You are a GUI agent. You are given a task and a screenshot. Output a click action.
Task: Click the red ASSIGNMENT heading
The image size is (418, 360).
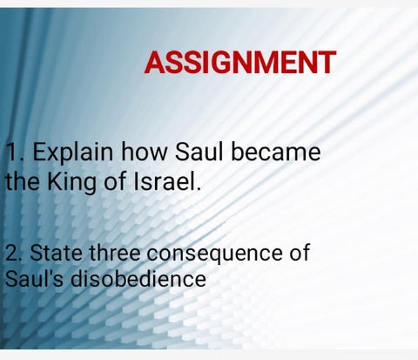tap(240, 62)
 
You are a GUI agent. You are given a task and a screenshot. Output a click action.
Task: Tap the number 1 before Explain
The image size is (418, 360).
tap(12, 152)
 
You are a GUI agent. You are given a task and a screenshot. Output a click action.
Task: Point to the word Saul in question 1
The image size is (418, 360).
tap(199, 152)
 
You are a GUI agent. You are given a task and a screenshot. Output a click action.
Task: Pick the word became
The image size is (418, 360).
tap(276, 152)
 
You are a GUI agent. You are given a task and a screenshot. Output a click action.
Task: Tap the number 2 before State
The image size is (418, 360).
tap(11, 252)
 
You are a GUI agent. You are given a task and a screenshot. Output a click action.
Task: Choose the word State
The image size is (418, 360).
tap(56, 252)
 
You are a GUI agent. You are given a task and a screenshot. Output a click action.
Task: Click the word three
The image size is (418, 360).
tap(115, 252)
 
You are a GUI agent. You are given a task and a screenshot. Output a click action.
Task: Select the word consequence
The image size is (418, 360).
tap(214, 254)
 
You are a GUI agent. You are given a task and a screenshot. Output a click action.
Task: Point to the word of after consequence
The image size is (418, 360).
tap(299, 252)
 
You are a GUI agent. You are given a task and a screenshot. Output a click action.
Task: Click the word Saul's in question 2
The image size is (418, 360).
tap(34, 278)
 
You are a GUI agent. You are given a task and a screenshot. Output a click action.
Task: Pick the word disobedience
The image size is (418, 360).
tap(138, 278)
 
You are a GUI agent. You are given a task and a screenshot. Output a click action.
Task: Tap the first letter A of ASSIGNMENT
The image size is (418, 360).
tap(154, 62)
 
